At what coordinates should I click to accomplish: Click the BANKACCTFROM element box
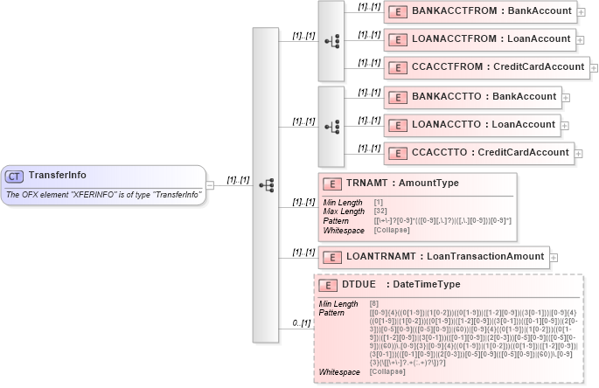pyautogui.click(x=479, y=12)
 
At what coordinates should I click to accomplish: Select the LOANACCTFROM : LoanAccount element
pyautogui.click(x=479, y=38)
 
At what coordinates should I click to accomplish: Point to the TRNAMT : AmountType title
pyautogui.click(x=402, y=184)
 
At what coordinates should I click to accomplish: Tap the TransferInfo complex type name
pyautogui.click(x=58, y=176)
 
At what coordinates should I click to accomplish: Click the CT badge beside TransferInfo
pyautogui.click(x=14, y=177)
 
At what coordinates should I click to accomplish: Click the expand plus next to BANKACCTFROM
pyautogui.click(x=582, y=12)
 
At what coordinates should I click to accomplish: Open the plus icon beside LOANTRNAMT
pyautogui.click(x=554, y=258)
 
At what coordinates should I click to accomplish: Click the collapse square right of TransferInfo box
pyautogui.click(x=210, y=184)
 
